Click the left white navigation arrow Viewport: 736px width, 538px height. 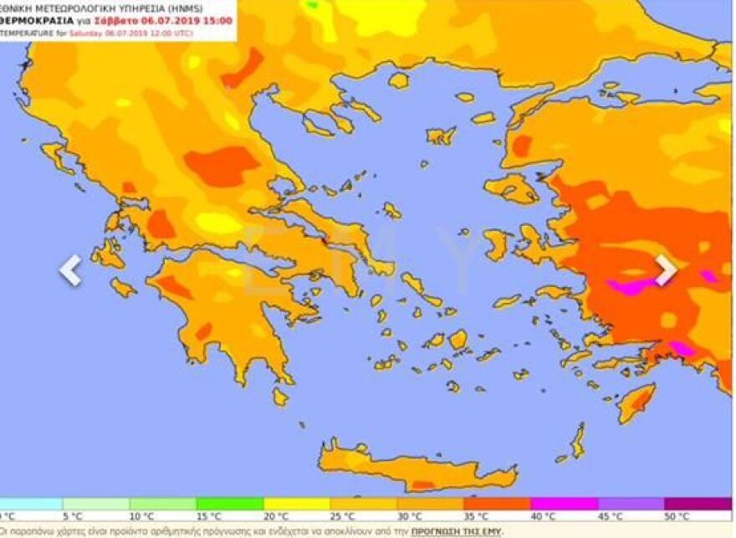coord(71,270)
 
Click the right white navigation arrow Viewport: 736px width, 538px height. coord(665,269)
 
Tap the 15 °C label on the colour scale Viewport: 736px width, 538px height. coord(208,516)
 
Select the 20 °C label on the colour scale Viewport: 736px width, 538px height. coord(275,516)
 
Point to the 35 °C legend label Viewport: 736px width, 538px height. coord(476,516)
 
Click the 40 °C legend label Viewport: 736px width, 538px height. coord(543,516)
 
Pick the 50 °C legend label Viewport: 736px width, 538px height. coord(677,516)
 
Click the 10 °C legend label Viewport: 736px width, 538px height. coord(141,516)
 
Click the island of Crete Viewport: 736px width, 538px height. coord(410,469)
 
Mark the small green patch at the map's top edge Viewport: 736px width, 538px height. coord(313,5)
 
